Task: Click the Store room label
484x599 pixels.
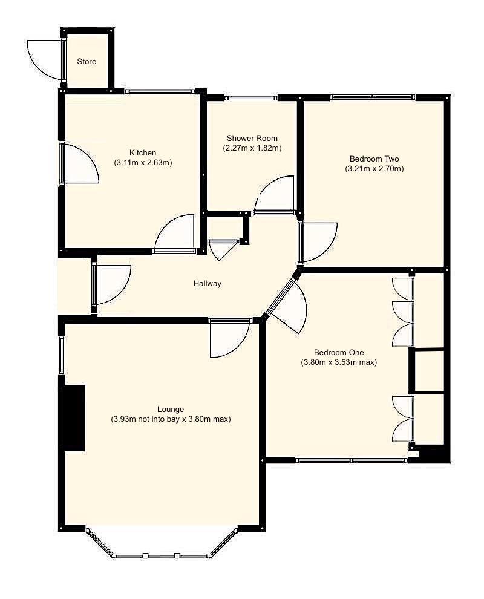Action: coord(86,62)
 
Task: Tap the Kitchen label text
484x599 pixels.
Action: coord(143,152)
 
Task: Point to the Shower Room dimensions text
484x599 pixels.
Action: coord(252,148)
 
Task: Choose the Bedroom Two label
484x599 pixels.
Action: coord(374,159)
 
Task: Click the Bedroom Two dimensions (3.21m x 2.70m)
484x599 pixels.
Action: coord(374,169)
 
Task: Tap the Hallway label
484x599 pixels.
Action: coord(208,283)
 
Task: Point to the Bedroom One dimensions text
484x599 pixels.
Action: coord(339,363)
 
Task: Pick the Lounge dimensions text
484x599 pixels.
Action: coord(171,419)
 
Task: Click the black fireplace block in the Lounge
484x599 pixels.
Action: coord(73,417)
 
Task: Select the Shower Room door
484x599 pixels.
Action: coord(275,197)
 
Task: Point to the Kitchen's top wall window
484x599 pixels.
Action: coord(160,92)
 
